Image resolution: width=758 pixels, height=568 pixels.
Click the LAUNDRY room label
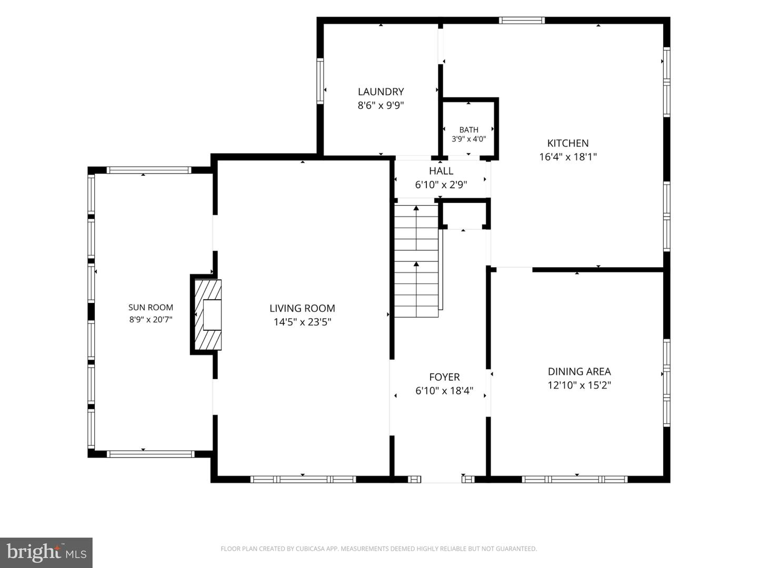[381, 92]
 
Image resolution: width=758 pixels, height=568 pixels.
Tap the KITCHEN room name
[568, 143]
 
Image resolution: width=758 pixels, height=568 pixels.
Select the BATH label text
[468, 130]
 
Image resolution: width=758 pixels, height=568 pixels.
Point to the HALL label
[441, 171]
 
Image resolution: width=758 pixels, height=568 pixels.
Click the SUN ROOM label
[151, 307]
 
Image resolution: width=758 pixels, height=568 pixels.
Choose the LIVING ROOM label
[302, 308]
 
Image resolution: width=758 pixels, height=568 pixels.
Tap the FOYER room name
[444, 377]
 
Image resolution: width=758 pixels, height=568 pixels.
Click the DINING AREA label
[579, 371]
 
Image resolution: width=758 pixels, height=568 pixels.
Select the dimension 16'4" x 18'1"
[568, 157]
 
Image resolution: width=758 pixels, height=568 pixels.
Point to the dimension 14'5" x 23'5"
[302, 322]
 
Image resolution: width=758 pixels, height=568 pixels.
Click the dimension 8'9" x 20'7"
[151, 320]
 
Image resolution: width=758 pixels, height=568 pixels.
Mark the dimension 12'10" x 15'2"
[579, 385]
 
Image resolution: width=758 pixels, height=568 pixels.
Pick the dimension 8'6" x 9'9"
[381, 105]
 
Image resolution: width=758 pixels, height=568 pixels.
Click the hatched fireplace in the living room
[207, 315]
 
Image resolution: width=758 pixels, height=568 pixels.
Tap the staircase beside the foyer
[416, 260]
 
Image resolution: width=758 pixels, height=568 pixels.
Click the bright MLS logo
[46, 552]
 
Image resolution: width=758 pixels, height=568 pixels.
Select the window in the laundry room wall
[320, 80]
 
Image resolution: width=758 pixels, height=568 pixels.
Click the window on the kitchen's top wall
[522, 21]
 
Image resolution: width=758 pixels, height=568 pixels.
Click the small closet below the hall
[464, 216]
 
